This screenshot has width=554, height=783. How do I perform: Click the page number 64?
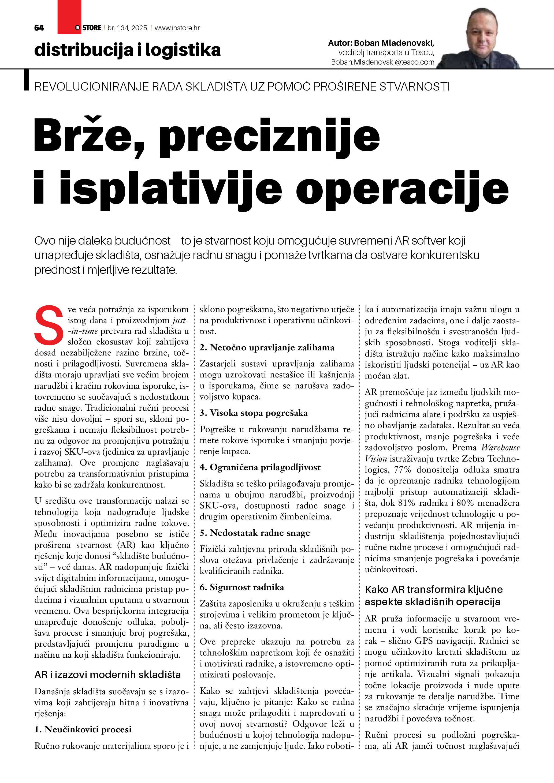[x=39, y=28]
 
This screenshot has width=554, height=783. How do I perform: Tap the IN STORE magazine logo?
[x=88, y=28]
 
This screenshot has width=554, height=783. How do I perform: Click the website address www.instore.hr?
[x=177, y=28]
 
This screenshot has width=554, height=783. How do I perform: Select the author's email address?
[x=382, y=62]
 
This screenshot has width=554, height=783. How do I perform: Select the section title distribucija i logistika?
[x=127, y=50]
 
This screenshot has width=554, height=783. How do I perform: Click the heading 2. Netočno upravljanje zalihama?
[x=267, y=347]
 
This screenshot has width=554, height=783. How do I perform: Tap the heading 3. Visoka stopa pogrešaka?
[x=254, y=413]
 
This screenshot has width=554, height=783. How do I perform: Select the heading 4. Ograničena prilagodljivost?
[x=260, y=467]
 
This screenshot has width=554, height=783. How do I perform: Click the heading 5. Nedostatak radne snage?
[x=255, y=533]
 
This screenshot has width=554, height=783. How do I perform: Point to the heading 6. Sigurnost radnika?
[x=242, y=587]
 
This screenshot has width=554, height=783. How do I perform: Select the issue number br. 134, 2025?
[x=128, y=28]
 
